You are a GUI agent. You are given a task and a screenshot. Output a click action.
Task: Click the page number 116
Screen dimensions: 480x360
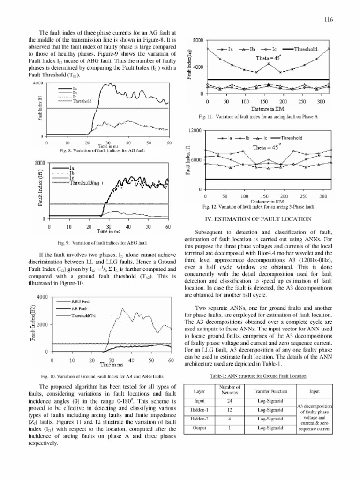[x=328, y=20]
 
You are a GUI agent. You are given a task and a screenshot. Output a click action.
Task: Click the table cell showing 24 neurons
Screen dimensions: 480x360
[x=229, y=402]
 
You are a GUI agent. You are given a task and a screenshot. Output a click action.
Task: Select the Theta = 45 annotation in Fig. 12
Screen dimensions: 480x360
[x=266, y=147]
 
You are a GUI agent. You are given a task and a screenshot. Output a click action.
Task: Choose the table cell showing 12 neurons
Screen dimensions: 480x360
[x=229, y=410]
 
